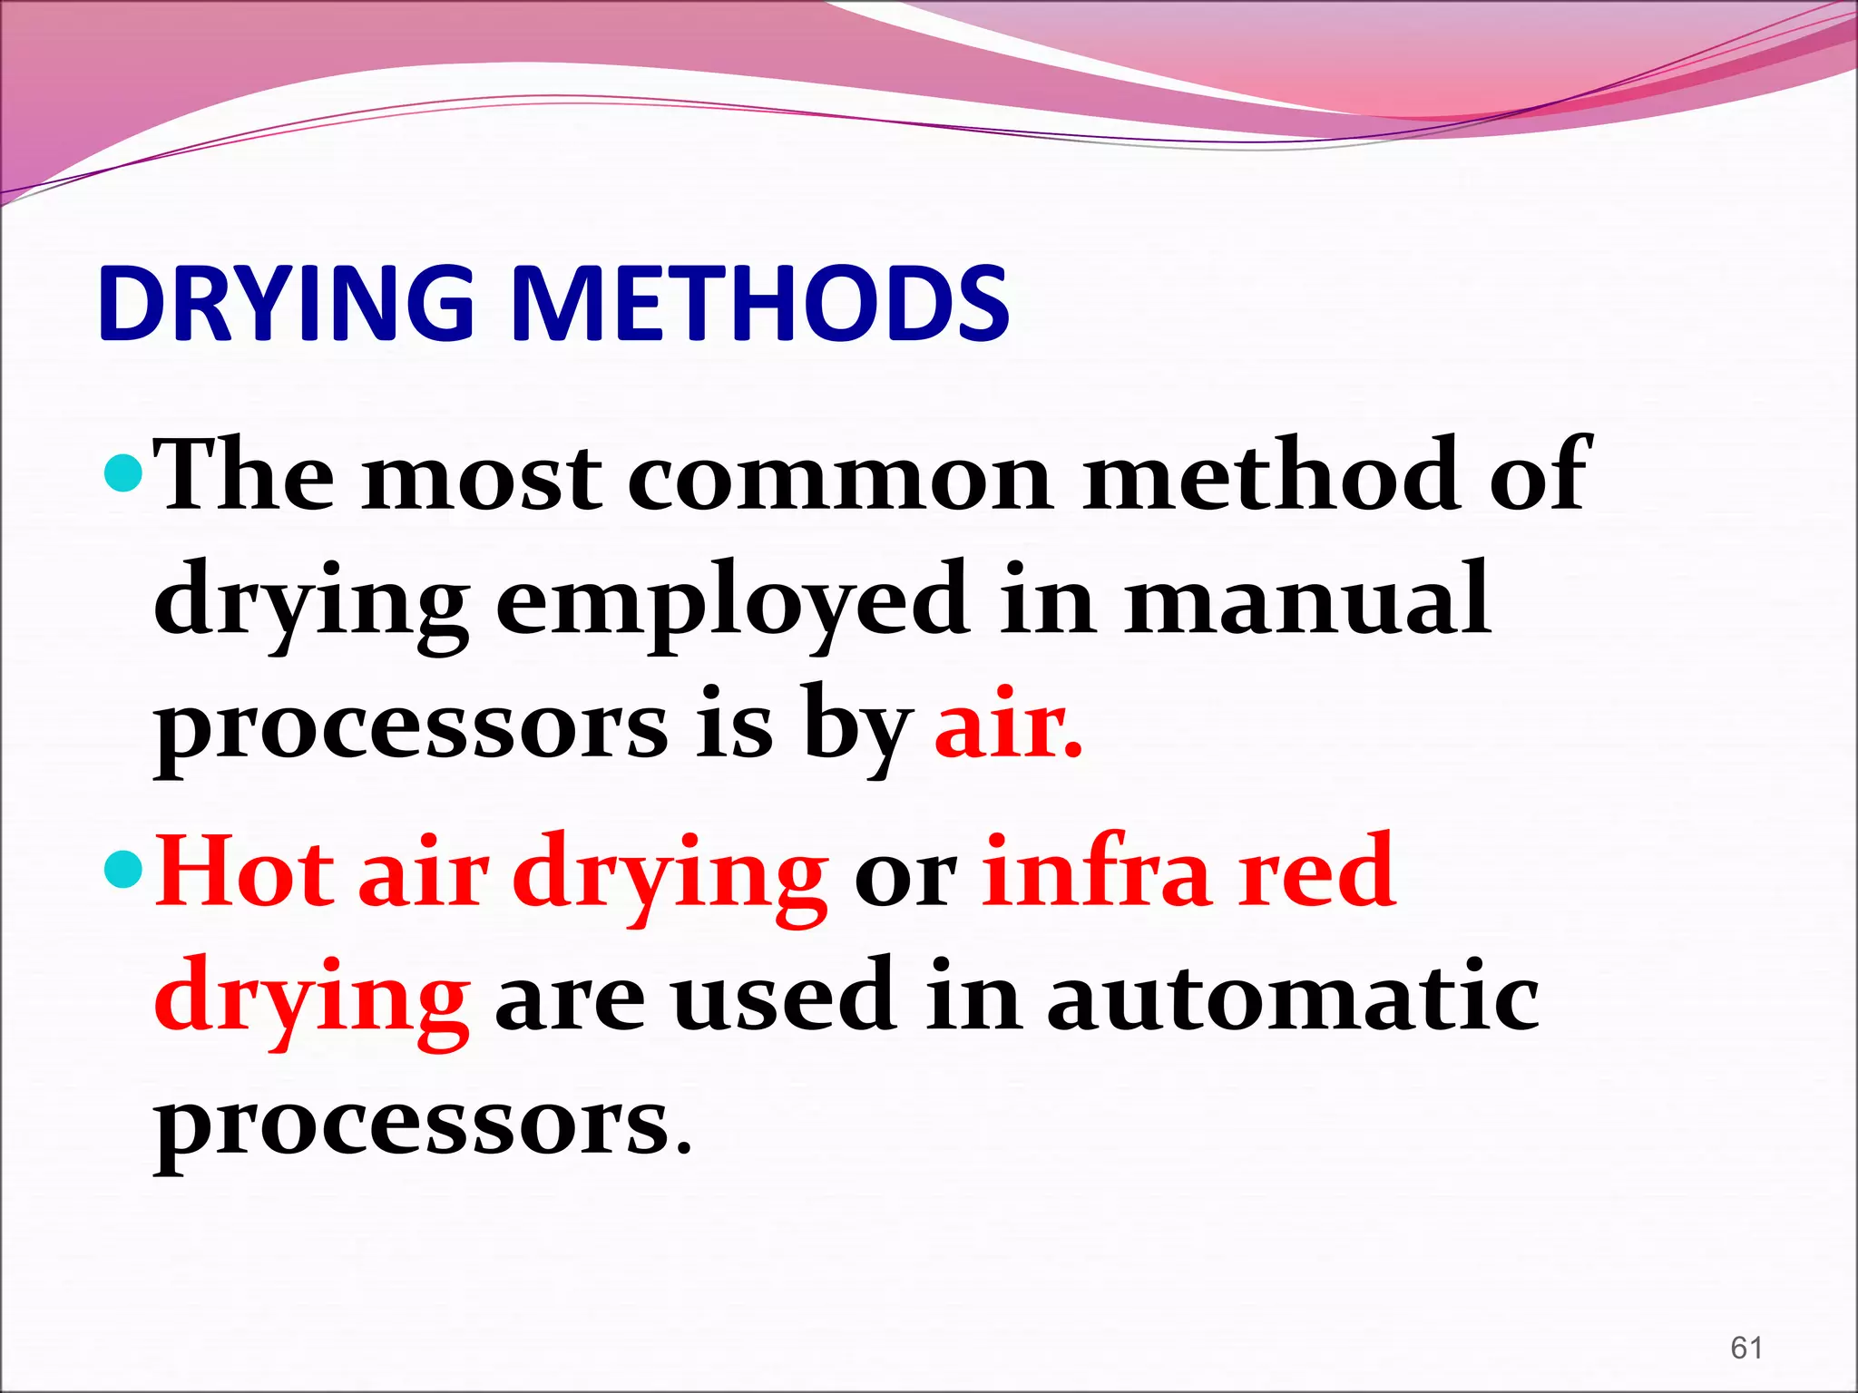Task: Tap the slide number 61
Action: (x=1746, y=1348)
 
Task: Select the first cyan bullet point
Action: (x=122, y=472)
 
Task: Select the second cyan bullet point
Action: (x=122, y=869)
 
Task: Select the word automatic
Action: (x=1293, y=998)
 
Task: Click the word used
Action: (x=785, y=998)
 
